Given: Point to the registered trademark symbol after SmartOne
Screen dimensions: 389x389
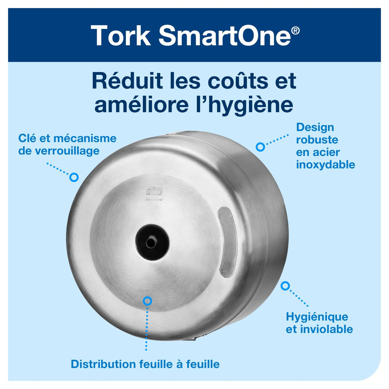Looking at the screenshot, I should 295,31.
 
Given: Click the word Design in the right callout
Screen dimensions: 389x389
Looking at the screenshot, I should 315,127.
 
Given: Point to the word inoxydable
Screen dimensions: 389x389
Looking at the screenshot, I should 325,165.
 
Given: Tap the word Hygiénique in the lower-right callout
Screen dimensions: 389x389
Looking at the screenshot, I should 317,317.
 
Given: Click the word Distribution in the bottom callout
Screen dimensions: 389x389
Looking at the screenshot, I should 103,364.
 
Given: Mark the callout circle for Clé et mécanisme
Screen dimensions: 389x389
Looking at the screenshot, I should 74,177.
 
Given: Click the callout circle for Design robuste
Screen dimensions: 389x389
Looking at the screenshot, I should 260,147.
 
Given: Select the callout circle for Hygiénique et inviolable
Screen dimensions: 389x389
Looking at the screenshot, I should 285,286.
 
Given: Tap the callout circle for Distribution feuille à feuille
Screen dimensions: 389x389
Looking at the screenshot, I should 147,301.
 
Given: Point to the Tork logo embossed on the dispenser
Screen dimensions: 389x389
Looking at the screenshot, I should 154,192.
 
